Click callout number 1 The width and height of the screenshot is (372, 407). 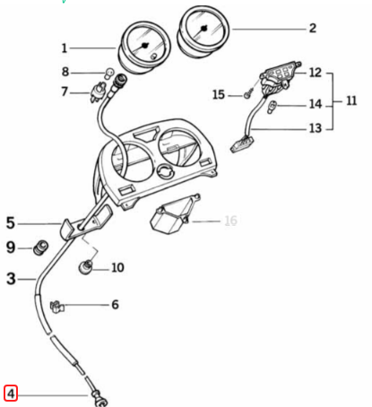click(x=65, y=48)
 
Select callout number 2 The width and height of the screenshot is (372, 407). click(x=311, y=28)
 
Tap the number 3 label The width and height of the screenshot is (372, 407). click(x=11, y=279)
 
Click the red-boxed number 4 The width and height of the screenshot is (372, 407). click(x=11, y=393)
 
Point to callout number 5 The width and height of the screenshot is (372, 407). click(x=11, y=222)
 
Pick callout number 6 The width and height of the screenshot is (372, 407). click(x=114, y=305)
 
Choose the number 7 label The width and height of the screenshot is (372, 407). click(x=65, y=91)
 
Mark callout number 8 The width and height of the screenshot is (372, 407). click(x=65, y=72)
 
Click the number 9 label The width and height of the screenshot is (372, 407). click(x=11, y=247)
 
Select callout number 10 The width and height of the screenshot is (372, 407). click(x=117, y=267)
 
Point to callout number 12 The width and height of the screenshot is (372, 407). click(x=315, y=72)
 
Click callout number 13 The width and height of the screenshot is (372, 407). click(x=315, y=128)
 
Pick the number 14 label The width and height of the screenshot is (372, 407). click(x=315, y=104)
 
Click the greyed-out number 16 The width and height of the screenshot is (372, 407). click(x=230, y=220)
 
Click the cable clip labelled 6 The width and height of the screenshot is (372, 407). click(x=57, y=307)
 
